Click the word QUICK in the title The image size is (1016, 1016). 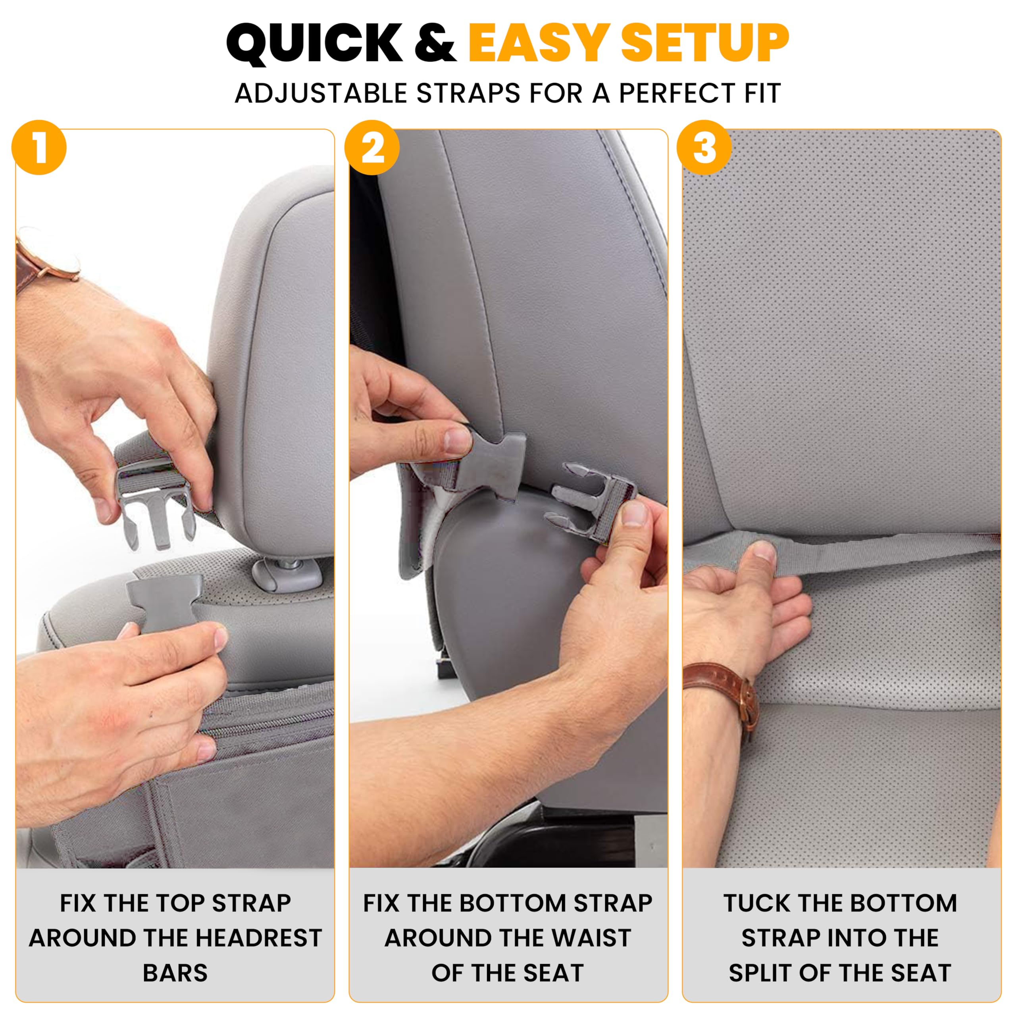point(314,44)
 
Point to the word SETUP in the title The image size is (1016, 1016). point(705,44)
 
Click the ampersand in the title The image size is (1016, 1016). point(434,44)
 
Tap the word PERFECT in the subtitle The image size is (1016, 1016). point(681,94)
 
